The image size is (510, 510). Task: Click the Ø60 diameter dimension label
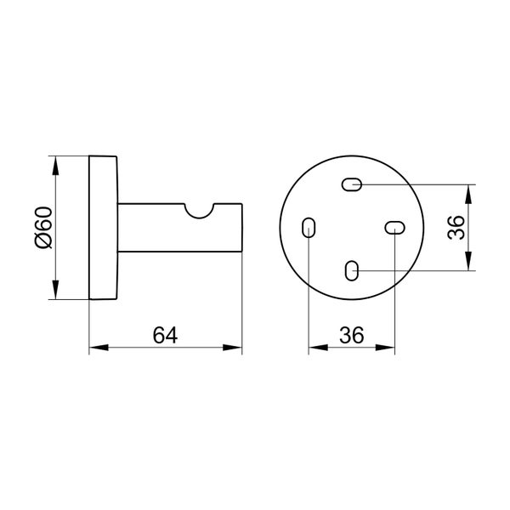(x=43, y=227)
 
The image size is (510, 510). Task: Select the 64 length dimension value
(x=165, y=336)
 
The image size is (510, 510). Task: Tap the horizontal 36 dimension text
(x=351, y=336)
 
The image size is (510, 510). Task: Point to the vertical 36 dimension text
(x=456, y=228)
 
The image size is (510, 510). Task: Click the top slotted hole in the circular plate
(x=352, y=184)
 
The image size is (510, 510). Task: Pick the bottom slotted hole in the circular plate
(x=352, y=270)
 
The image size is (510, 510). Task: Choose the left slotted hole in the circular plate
(x=309, y=228)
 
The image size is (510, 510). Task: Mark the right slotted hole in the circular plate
(x=394, y=228)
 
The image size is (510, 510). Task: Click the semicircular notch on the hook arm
(x=200, y=212)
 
